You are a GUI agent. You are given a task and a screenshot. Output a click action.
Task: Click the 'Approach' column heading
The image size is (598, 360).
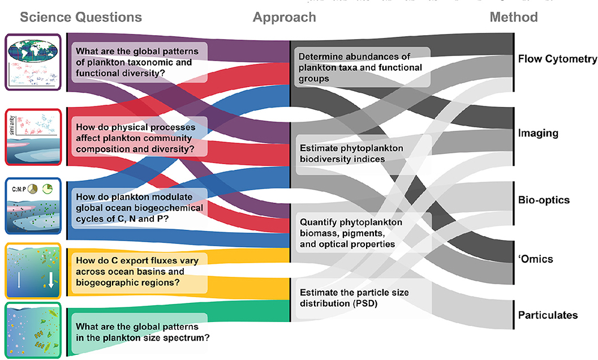pyautogui.click(x=285, y=17)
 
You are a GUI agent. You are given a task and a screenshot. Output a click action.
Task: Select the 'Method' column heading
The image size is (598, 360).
pyautogui.click(x=514, y=17)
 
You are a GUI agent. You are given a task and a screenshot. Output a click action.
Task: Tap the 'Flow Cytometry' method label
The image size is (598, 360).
pyautogui.click(x=556, y=59)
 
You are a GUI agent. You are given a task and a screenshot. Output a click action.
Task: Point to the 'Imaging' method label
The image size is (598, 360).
pyautogui.click(x=538, y=134)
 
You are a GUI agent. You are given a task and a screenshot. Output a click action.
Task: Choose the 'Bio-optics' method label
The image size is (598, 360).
pyautogui.click(x=544, y=200)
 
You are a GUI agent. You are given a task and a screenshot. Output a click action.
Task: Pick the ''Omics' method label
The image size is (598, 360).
pyautogui.click(x=535, y=259)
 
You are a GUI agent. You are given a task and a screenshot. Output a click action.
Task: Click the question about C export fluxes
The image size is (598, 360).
pyautogui.click(x=139, y=269)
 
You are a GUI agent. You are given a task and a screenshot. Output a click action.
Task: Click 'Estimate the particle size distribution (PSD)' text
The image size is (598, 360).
pyautogui.click(x=354, y=298)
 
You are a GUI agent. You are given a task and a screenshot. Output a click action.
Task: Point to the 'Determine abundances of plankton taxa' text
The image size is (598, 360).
pyautogui.click(x=360, y=67)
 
